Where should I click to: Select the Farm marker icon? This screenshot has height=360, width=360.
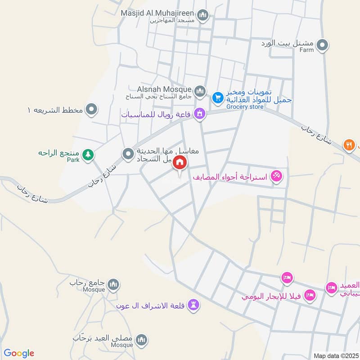(x=322, y=45)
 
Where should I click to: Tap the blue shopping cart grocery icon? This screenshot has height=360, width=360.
(x=218, y=97)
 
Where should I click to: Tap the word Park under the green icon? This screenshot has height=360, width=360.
(x=73, y=160)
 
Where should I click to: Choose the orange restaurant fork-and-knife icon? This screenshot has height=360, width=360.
(x=349, y=145)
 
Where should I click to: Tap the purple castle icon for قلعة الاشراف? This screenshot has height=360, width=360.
(x=194, y=305)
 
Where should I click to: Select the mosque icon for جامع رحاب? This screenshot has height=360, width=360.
(x=113, y=284)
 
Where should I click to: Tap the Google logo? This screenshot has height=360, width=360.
(x=19, y=353)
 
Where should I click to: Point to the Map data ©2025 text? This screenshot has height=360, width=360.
(x=335, y=356)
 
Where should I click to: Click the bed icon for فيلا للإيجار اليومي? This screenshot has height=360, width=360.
(x=310, y=295)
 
